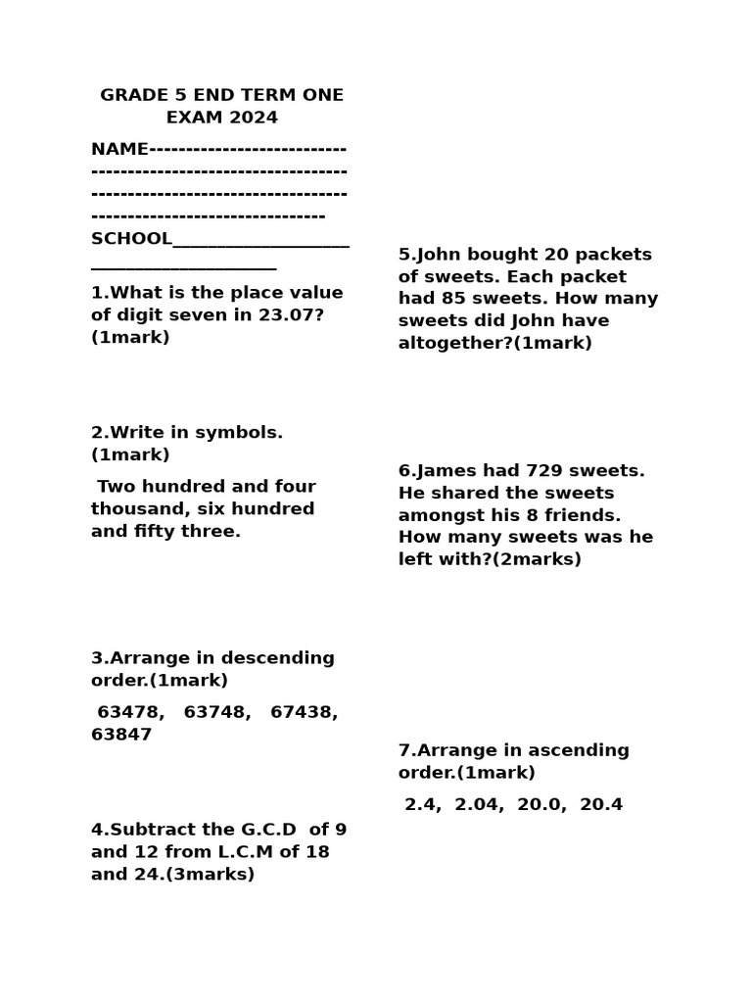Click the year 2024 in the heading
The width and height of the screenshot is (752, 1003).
click(x=254, y=118)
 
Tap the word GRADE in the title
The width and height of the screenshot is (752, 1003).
click(x=134, y=95)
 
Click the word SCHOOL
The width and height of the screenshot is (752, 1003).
click(x=131, y=239)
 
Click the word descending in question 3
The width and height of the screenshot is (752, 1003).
click(x=278, y=658)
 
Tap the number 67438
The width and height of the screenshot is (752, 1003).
click(x=304, y=712)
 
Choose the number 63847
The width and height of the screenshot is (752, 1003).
click(x=121, y=735)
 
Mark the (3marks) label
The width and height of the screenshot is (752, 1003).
click(x=210, y=875)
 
